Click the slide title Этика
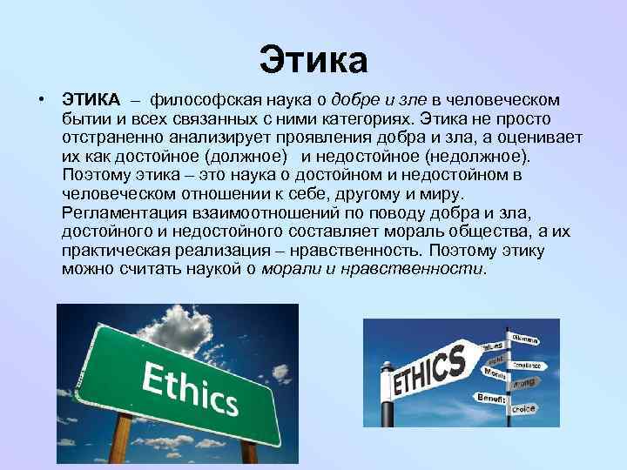313,60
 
